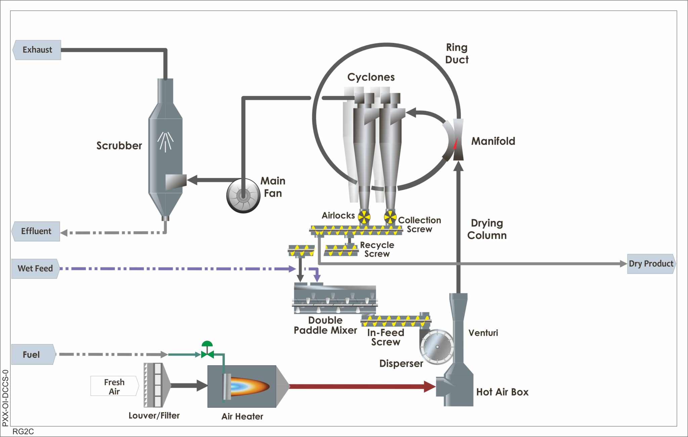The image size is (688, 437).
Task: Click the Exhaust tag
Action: (37, 50)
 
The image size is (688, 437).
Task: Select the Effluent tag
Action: (36, 231)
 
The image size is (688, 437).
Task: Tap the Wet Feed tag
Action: (35, 269)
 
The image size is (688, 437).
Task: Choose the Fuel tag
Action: (32, 354)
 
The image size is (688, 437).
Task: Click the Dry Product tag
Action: (651, 264)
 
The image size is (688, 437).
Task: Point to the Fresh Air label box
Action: (114, 386)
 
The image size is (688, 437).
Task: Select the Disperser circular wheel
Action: (437, 347)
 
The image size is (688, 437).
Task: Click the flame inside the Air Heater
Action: (249, 386)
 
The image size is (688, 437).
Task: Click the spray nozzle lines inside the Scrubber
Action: (165, 141)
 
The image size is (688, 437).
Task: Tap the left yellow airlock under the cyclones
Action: (364, 217)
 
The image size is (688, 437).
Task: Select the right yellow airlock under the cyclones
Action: (390, 217)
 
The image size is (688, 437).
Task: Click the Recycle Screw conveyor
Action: (341, 250)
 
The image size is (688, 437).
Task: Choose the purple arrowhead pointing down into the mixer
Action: (317, 278)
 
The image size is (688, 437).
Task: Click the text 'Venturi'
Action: (483, 333)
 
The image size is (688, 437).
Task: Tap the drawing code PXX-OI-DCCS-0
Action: (5, 398)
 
